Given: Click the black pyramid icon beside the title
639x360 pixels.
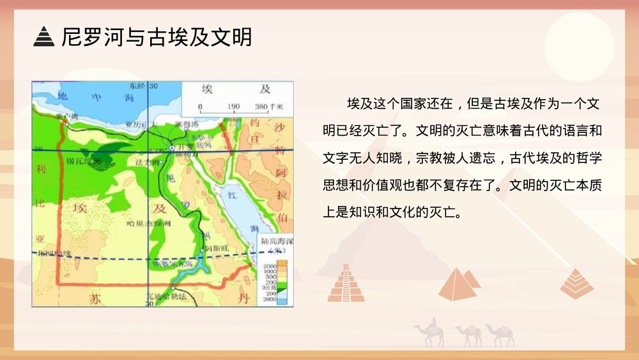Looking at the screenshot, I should click(44, 37).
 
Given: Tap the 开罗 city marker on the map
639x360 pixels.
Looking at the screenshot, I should click(172, 148).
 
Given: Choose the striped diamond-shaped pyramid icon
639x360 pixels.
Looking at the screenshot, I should click(576, 283).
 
